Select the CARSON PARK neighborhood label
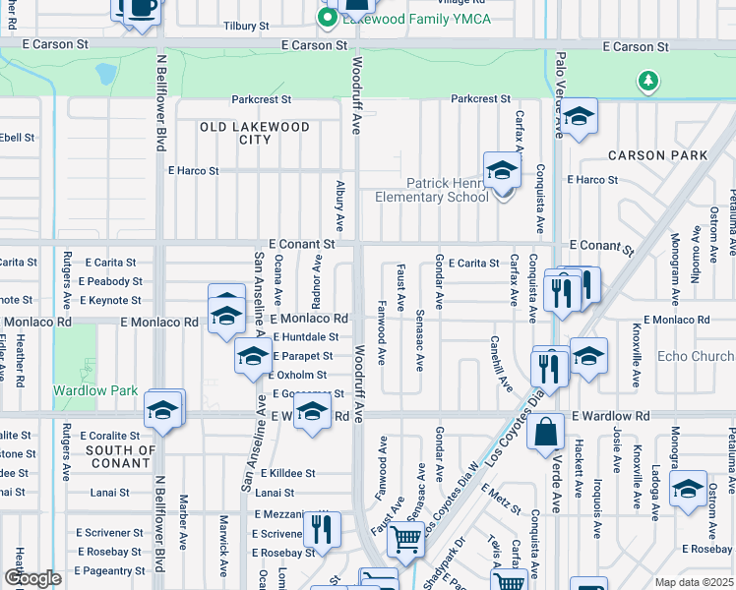click(657, 155)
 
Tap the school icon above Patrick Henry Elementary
click(502, 170)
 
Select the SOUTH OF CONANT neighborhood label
click(122, 457)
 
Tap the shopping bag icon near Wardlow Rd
click(545, 432)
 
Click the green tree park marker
click(647, 80)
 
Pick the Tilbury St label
click(246, 26)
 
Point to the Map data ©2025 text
click(695, 582)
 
